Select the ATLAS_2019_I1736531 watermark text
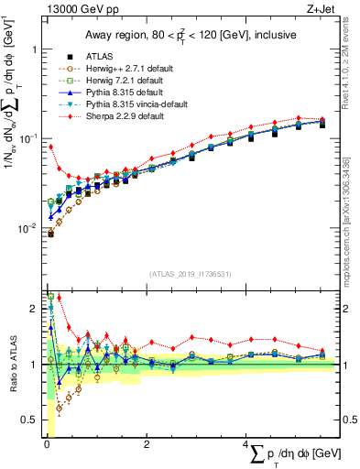(191, 274)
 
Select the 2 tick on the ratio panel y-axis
(32, 308)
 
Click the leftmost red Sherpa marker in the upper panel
(50, 147)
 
